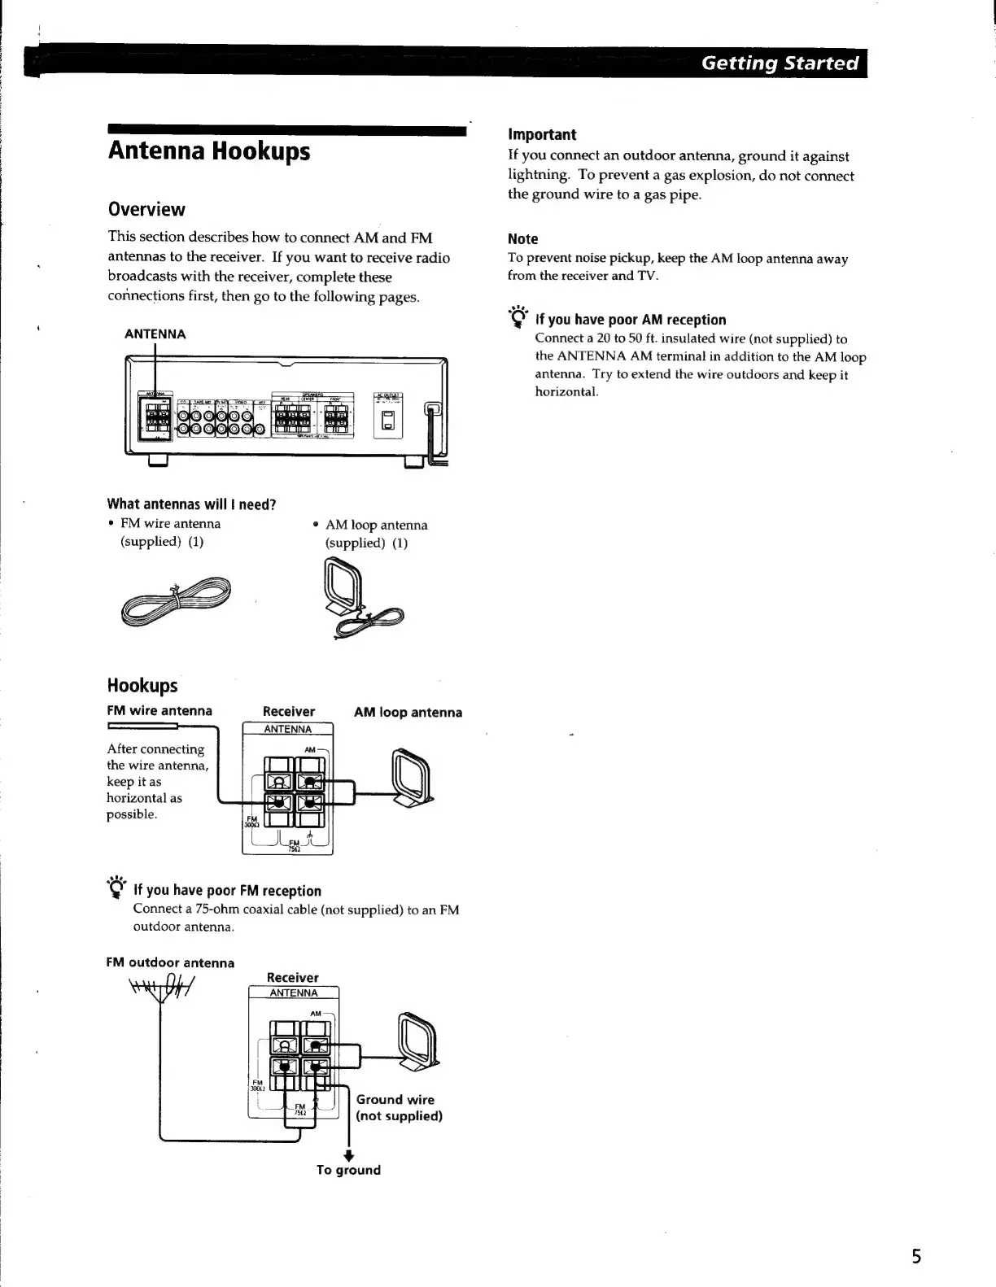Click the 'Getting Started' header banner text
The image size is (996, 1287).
coord(780,63)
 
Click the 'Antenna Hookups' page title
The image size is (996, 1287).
coord(209,151)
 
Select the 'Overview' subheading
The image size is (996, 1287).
coord(146,209)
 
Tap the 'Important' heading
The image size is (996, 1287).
coord(541,134)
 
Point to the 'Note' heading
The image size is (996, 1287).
coord(522,239)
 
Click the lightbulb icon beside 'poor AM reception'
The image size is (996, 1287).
coord(518,317)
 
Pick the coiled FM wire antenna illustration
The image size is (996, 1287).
coord(176,600)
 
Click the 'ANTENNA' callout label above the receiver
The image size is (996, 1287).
coord(155,334)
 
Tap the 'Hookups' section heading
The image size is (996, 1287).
coord(142,685)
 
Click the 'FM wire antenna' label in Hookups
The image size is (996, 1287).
coord(159,711)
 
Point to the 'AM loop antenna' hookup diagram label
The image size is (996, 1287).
coord(408,713)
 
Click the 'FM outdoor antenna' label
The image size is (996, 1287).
coord(170,963)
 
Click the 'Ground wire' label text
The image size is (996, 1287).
coord(395,1100)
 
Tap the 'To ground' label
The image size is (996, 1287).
coord(348,1170)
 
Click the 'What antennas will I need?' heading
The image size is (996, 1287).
coord(191,504)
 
